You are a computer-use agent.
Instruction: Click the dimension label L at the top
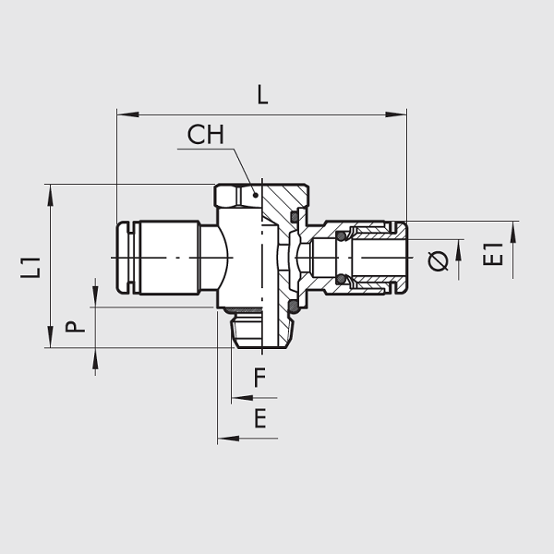[x=262, y=95]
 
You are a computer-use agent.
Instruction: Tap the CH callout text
[x=206, y=135]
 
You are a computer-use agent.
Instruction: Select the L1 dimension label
[x=30, y=268]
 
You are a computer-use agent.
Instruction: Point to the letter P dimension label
[x=75, y=327]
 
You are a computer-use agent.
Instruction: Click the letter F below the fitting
[x=259, y=378]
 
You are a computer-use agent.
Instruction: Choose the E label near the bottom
[x=260, y=418]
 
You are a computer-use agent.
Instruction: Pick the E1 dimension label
[x=492, y=255]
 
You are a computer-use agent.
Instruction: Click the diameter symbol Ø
[x=438, y=261]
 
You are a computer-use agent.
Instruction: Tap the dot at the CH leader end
[x=255, y=195]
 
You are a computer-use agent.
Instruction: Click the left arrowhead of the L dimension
[x=128, y=114]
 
